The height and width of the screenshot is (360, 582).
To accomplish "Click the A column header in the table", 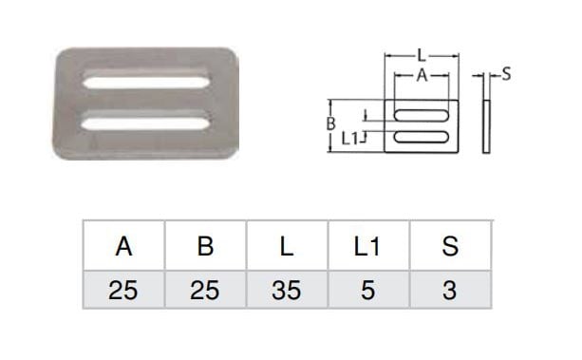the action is pyautogui.click(x=123, y=246).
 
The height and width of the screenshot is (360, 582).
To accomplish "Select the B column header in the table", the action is pyautogui.click(x=205, y=246).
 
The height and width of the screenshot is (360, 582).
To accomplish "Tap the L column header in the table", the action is pyautogui.click(x=287, y=246).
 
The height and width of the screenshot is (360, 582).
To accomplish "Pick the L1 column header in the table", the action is pyautogui.click(x=366, y=246).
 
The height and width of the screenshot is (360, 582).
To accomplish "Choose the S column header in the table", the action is pyautogui.click(x=450, y=246).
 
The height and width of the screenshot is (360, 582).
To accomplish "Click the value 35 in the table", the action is pyautogui.click(x=287, y=290).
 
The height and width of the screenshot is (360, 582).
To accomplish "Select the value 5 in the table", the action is pyautogui.click(x=367, y=290).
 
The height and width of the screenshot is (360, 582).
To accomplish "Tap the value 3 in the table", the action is pyautogui.click(x=449, y=290).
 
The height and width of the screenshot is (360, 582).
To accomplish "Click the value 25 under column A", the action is pyautogui.click(x=123, y=290).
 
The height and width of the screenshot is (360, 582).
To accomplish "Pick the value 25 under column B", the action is pyautogui.click(x=205, y=290).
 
